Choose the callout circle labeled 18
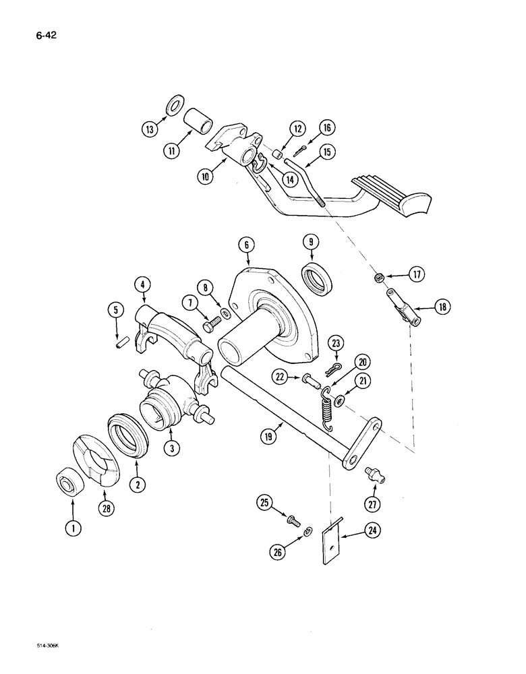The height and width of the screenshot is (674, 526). click(x=443, y=308)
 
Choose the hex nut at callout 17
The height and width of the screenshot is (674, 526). click(x=381, y=276)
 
